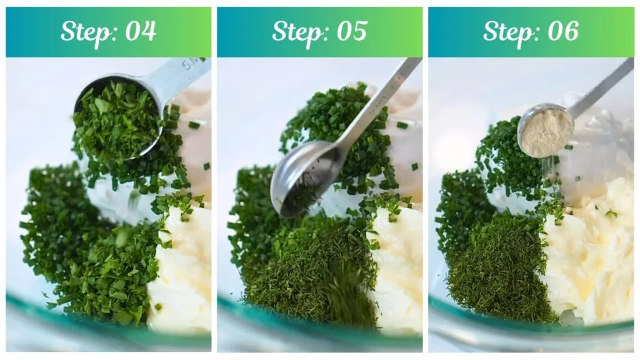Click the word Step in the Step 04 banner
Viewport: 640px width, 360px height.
pyautogui.click(x=84, y=31)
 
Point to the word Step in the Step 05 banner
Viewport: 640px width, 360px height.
pyautogui.click(x=295, y=31)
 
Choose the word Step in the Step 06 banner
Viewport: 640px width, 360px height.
pyautogui.click(x=506, y=31)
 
